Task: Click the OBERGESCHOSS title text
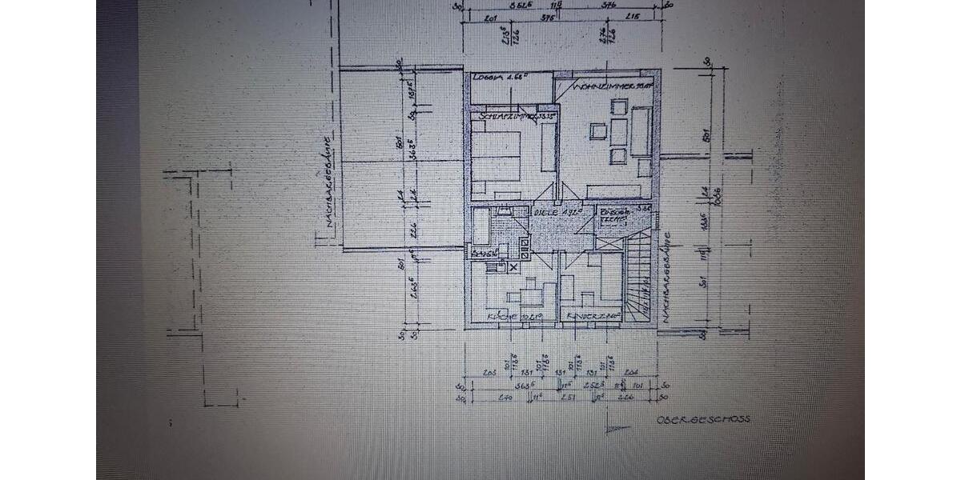pyautogui.click(x=703, y=419)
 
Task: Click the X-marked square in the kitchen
pyautogui.click(x=513, y=266)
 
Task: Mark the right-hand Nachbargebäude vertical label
pyautogui.click(x=666, y=272)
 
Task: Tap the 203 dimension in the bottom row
pyautogui.click(x=491, y=372)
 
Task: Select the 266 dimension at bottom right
pyautogui.click(x=625, y=396)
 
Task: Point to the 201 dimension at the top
pyautogui.click(x=491, y=17)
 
